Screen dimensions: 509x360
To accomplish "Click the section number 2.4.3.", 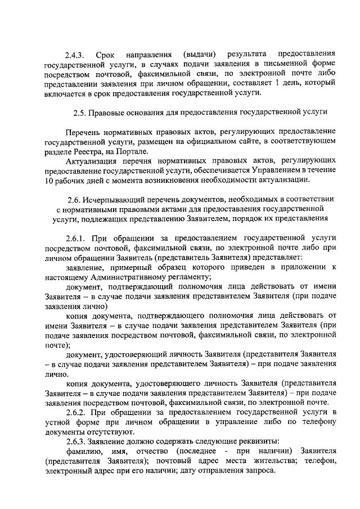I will click(x=74, y=55).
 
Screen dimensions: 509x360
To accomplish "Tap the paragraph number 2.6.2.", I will click(x=76, y=412).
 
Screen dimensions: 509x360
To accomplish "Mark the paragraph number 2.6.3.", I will click(x=76, y=441).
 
